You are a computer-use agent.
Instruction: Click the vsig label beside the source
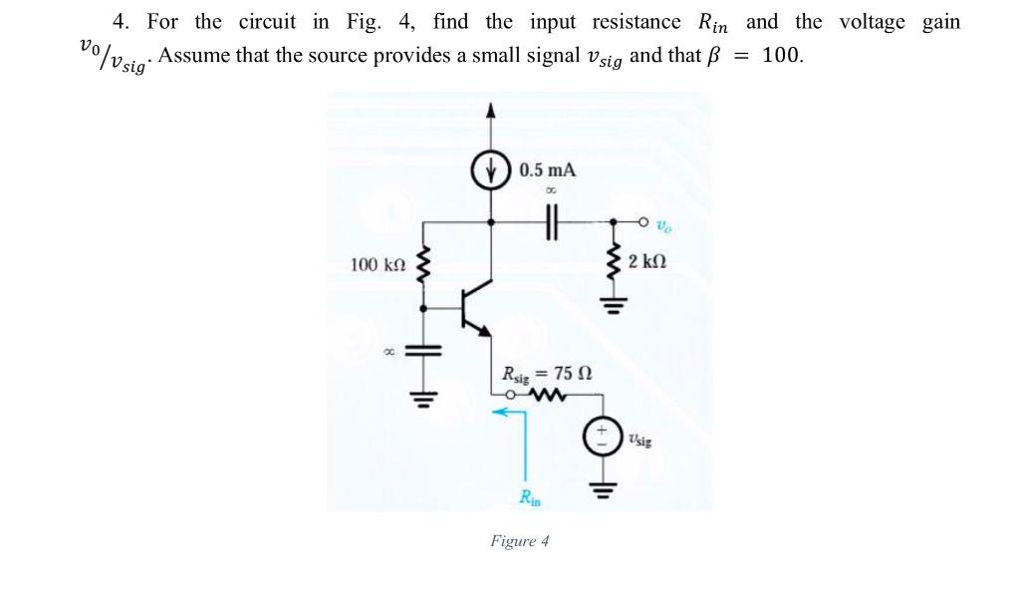coord(641,438)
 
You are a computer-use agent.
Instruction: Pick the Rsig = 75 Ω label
coord(549,375)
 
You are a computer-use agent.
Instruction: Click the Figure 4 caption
coord(519,541)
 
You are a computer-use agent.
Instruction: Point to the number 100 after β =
coord(782,55)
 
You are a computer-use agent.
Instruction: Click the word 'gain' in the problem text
coord(940,22)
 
